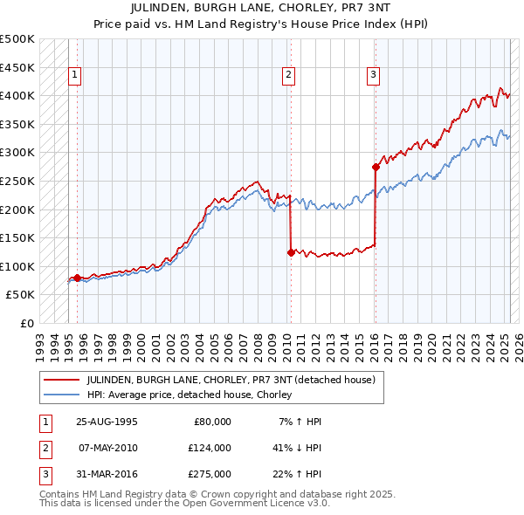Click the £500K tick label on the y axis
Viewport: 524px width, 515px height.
tap(17, 39)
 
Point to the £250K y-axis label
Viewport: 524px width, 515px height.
tap(17, 181)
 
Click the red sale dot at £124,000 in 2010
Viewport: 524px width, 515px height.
tap(290, 252)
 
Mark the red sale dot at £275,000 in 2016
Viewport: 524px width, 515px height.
tap(376, 167)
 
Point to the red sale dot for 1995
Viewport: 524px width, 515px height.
tap(77, 278)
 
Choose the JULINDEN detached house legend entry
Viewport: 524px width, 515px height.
tap(231, 380)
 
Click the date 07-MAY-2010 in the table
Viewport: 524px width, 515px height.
tap(107, 447)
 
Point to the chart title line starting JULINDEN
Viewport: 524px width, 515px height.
tap(261, 8)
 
